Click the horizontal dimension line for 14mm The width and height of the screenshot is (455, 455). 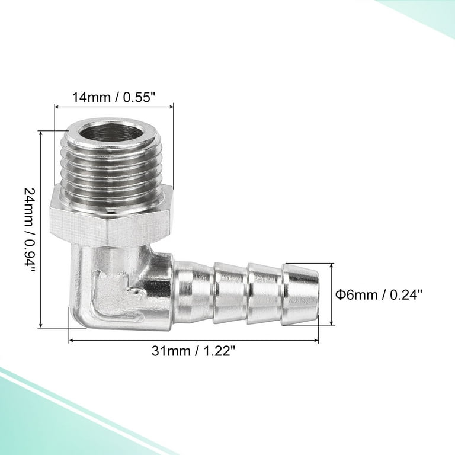click(x=114, y=107)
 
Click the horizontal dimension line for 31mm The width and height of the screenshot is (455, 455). click(x=194, y=341)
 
